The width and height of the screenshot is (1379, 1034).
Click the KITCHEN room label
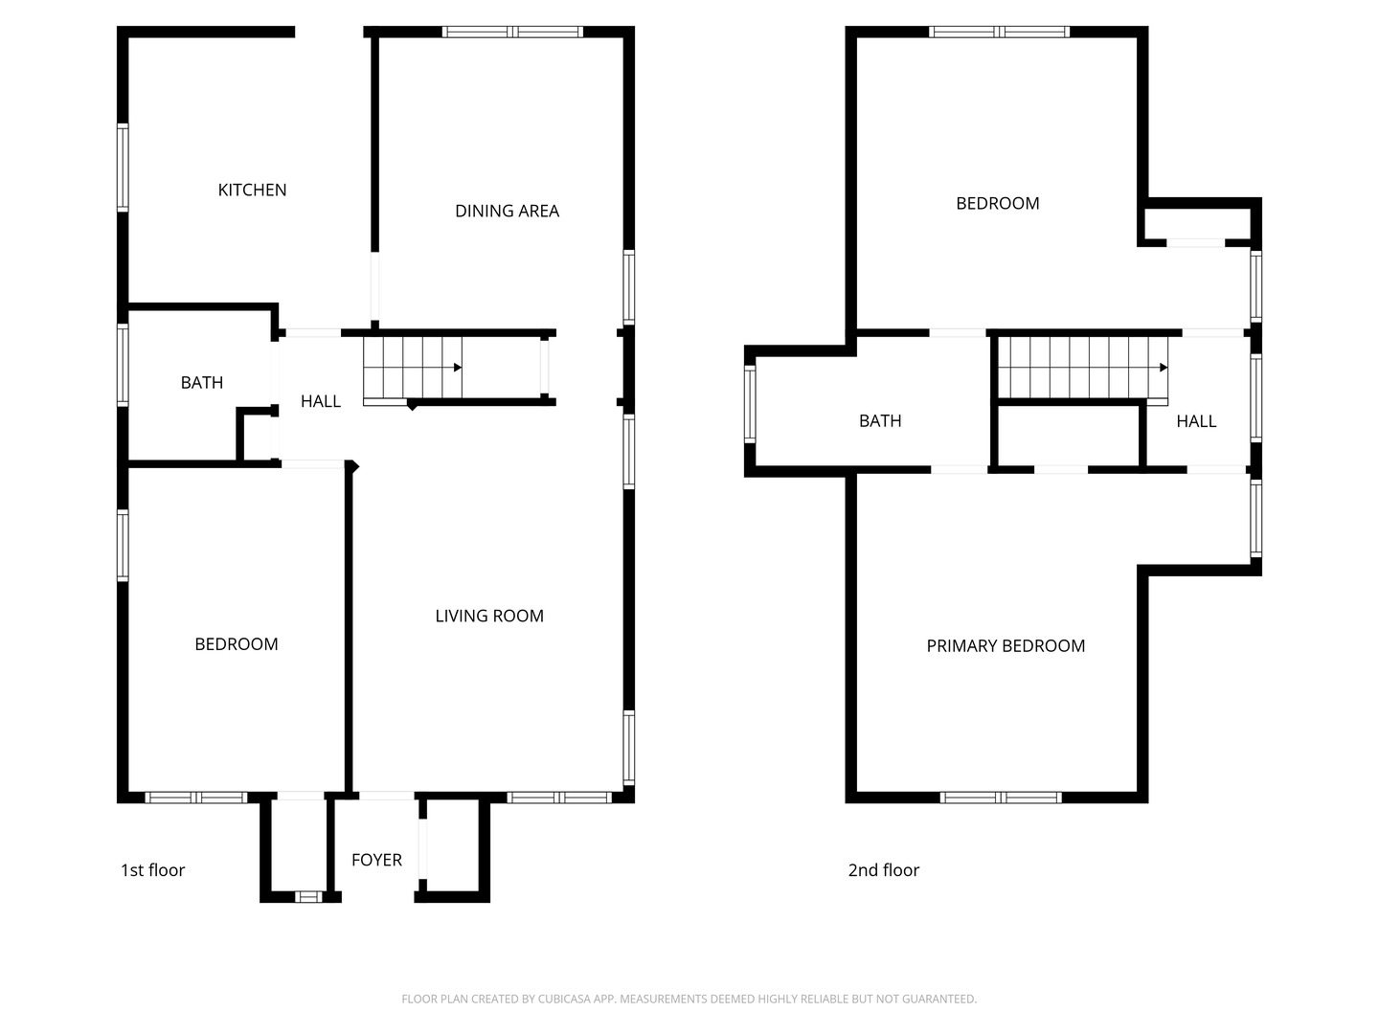point(252,190)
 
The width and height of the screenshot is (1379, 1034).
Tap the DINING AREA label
point(507,211)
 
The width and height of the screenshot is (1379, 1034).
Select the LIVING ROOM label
point(489,616)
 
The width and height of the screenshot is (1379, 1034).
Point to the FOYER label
point(376,860)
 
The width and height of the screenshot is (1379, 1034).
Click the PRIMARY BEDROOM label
point(1006,645)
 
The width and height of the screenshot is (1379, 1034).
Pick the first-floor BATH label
point(202,382)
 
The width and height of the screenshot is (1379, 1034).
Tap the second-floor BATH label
point(880,420)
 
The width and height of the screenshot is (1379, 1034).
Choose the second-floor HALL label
point(1196,420)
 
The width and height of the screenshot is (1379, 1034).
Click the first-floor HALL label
point(320,401)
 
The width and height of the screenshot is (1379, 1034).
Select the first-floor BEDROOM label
point(237,643)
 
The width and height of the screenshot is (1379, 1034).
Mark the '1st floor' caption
point(152,869)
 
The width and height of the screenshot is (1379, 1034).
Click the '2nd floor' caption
point(883,869)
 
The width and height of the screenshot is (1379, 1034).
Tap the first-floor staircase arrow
point(457,367)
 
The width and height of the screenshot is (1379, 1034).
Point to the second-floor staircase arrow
point(1163,367)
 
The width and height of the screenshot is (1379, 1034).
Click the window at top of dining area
point(512,32)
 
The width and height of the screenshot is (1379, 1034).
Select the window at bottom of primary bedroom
point(1001,797)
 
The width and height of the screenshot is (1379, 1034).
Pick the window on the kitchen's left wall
point(123,167)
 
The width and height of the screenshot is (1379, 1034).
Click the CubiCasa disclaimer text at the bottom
point(689,999)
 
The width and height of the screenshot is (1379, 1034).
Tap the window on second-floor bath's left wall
point(750,405)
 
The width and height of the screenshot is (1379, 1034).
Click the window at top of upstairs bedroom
point(999,32)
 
